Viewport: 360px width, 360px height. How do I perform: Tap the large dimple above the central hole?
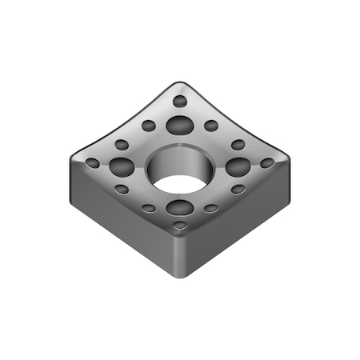tap(180, 125)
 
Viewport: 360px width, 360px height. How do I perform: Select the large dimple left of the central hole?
tap(122, 166)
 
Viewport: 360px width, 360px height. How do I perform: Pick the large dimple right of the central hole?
tap(238, 166)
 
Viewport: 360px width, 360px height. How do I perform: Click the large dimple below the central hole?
tap(180, 208)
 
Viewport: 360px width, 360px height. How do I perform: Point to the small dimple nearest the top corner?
tap(180, 102)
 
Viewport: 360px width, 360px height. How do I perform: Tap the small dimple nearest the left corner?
tap(93, 163)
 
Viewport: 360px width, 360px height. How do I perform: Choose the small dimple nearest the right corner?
tap(267, 163)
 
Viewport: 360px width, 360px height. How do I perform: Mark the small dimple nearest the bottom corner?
tap(180, 226)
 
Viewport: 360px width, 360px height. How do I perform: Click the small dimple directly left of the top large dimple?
tap(149, 126)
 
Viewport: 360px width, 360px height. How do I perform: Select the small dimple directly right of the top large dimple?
tap(211, 126)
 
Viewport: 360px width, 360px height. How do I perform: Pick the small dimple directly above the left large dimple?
tap(122, 145)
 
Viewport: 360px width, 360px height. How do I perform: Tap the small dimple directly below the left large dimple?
tap(122, 190)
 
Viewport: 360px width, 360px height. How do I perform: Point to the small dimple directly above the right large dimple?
tap(238, 145)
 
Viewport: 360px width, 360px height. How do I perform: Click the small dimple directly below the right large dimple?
tap(238, 190)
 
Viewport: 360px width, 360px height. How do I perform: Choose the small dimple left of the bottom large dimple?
tap(149, 208)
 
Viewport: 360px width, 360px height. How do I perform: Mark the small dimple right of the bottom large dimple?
tap(211, 208)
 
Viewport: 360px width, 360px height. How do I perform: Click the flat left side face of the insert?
tap(120, 220)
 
